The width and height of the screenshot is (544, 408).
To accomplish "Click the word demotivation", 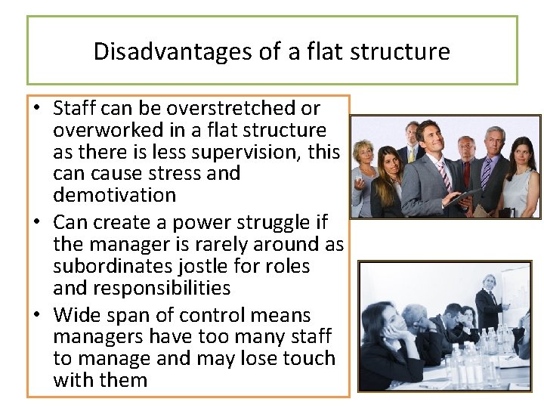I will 114,195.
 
